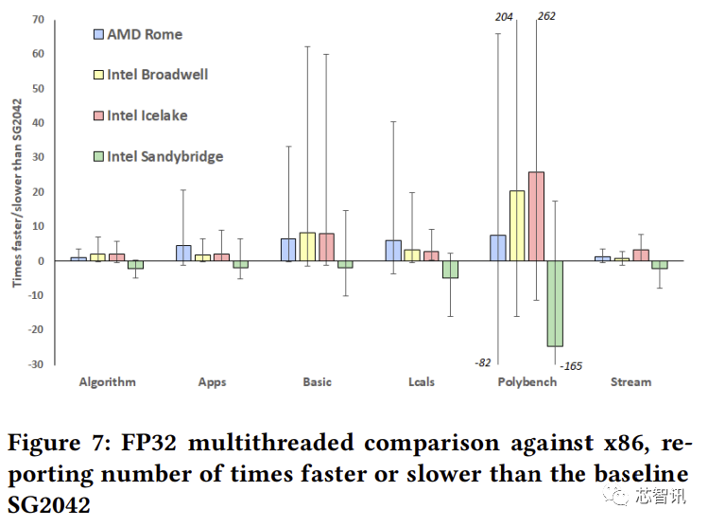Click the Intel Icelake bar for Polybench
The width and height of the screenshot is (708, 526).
click(x=536, y=217)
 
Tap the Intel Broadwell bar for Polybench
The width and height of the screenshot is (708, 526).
click(x=517, y=225)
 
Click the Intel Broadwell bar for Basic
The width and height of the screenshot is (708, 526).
click(x=307, y=247)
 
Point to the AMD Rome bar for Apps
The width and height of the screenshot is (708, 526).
click(x=184, y=253)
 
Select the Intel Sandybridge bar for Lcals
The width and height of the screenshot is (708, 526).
click(x=450, y=270)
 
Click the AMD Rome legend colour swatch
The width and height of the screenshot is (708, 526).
click(x=98, y=35)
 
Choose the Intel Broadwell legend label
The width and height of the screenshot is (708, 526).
click(x=157, y=75)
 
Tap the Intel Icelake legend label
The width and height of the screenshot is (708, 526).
click(x=147, y=115)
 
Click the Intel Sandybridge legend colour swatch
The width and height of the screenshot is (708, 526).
click(x=98, y=156)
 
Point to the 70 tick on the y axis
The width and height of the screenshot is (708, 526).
click(x=39, y=19)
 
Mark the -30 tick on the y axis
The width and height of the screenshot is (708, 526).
click(x=37, y=364)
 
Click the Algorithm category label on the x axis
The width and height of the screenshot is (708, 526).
click(x=107, y=382)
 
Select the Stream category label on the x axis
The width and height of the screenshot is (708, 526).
click(x=630, y=382)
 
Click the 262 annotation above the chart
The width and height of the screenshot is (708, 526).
click(x=545, y=16)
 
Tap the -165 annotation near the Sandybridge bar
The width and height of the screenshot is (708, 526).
click(x=572, y=366)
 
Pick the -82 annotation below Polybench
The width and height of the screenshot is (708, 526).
click(x=482, y=362)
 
